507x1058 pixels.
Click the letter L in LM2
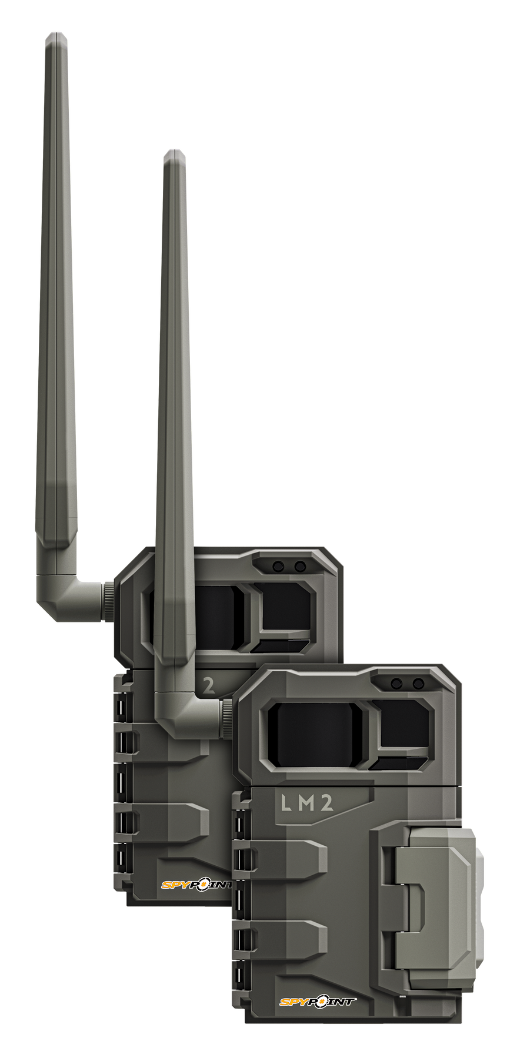click(x=285, y=804)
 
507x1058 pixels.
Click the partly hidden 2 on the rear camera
click(x=208, y=685)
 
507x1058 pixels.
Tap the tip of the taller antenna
click(x=56, y=35)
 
